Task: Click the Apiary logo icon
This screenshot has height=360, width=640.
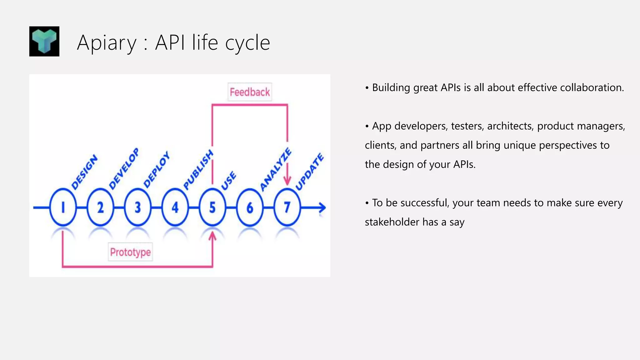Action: pyautogui.click(x=44, y=41)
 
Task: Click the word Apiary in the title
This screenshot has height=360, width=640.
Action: pyautogui.click(x=107, y=43)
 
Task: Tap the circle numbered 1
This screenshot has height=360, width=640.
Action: pyautogui.click(x=63, y=207)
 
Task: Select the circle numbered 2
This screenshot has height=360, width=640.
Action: pyautogui.click(x=100, y=207)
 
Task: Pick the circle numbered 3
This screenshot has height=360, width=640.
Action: pyautogui.click(x=137, y=207)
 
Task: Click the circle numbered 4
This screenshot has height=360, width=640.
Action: pyautogui.click(x=175, y=207)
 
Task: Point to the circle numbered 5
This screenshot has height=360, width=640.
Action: pyautogui.click(x=212, y=207)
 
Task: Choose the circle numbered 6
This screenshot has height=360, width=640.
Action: pyautogui.click(x=250, y=207)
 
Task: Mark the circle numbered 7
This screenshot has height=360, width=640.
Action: pyautogui.click(x=287, y=207)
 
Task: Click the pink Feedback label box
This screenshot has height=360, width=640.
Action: pyautogui.click(x=250, y=92)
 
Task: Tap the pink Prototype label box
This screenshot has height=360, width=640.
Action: pyautogui.click(x=130, y=252)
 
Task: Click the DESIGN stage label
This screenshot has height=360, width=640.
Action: pyautogui.click(x=84, y=172)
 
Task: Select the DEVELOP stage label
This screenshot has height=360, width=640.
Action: pyautogui.click(x=124, y=169)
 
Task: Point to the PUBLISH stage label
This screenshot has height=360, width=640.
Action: pyautogui.click(x=198, y=170)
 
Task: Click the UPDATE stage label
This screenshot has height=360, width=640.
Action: pyautogui.click(x=309, y=172)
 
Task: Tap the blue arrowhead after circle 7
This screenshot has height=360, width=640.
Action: pyautogui.click(x=322, y=207)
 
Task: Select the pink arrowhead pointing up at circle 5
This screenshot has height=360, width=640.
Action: pyautogui.click(x=212, y=236)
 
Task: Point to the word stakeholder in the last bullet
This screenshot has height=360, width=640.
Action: pyautogui.click(x=392, y=222)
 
